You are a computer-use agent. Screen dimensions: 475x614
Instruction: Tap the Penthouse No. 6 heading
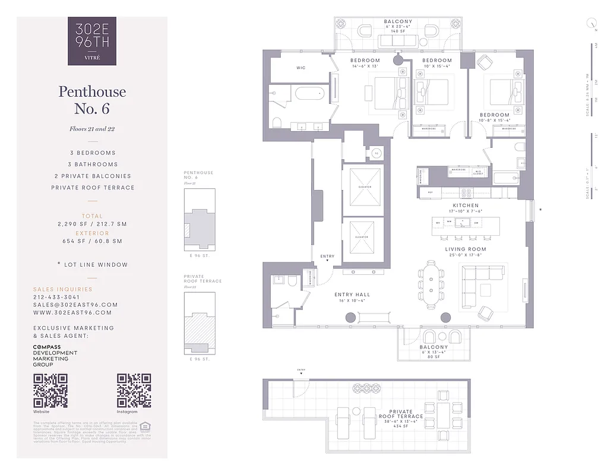(x=92, y=100)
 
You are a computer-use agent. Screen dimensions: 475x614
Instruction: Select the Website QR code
(x=50, y=390)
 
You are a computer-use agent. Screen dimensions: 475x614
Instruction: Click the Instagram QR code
(x=134, y=390)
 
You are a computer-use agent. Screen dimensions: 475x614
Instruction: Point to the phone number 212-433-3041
(x=56, y=297)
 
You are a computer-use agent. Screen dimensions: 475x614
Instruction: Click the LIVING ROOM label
(x=466, y=249)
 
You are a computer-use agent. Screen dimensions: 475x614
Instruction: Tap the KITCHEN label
(x=466, y=205)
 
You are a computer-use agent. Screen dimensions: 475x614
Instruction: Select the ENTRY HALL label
(x=352, y=295)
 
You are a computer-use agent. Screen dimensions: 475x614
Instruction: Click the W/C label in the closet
(x=300, y=68)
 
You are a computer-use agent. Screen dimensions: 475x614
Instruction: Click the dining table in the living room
(x=431, y=283)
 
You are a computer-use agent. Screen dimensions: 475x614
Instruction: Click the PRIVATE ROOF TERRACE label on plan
(x=401, y=414)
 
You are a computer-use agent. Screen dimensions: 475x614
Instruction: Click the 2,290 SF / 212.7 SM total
(x=92, y=224)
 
